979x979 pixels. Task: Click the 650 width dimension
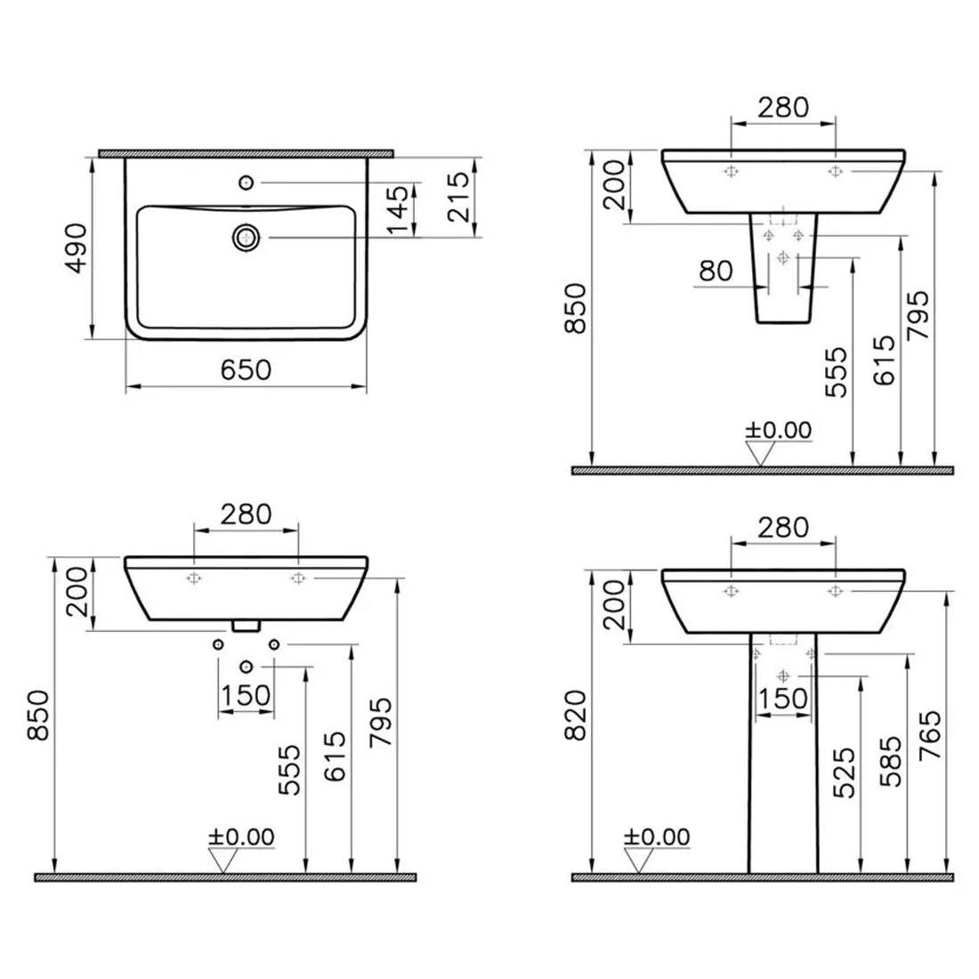[246, 370]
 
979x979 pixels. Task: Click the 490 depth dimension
[77, 248]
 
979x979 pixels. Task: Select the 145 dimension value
[398, 210]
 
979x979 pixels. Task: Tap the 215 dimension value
[459, 197]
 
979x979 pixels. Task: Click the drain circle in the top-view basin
[247, 238]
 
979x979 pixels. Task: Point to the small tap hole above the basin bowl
[247, 182]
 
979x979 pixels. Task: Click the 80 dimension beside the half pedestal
[716, 271]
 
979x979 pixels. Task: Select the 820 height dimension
[576, 715]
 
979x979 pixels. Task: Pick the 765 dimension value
[930, 735]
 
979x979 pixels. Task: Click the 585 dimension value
[890, 760]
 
